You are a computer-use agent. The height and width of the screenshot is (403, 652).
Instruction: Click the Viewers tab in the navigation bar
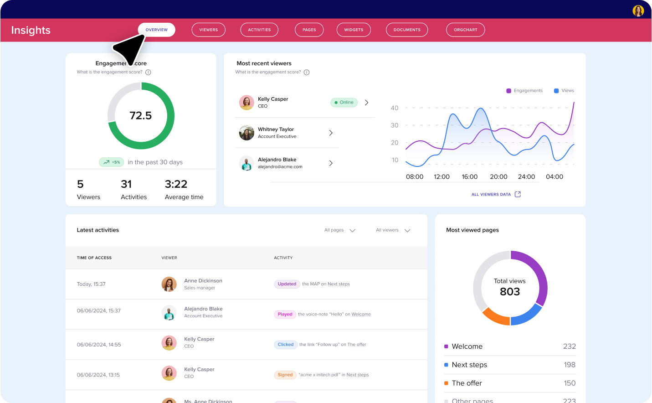[209, 30]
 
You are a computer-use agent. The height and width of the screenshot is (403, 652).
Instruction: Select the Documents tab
[407, 30]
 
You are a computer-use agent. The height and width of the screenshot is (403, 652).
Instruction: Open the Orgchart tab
[465, 30]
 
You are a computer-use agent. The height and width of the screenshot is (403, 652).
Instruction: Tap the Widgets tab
[354, 30]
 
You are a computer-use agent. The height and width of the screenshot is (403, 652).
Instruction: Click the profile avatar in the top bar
[638, 10]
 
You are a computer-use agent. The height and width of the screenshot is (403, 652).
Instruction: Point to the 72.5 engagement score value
[141, 116]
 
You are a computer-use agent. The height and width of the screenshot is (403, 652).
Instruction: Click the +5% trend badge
[112, 162]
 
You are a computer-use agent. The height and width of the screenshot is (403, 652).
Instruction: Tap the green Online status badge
[344, 103]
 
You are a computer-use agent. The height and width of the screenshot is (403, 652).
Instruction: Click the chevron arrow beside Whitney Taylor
[331, 133]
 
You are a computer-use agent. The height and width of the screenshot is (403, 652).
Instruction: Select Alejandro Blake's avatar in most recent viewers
[246, 163]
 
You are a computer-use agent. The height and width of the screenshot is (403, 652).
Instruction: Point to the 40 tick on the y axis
[395, 108]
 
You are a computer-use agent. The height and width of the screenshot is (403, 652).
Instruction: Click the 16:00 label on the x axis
[470, 177]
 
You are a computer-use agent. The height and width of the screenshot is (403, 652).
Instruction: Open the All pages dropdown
[340, 230]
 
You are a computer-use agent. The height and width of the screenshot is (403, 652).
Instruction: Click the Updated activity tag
[287, 284]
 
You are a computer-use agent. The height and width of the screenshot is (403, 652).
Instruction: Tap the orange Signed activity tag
[285, 375]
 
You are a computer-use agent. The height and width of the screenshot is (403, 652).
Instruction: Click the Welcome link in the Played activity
[361, 314]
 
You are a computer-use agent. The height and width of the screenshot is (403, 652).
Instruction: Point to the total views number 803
[510, 292]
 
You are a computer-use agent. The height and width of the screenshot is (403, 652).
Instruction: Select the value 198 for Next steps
[570, 365]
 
